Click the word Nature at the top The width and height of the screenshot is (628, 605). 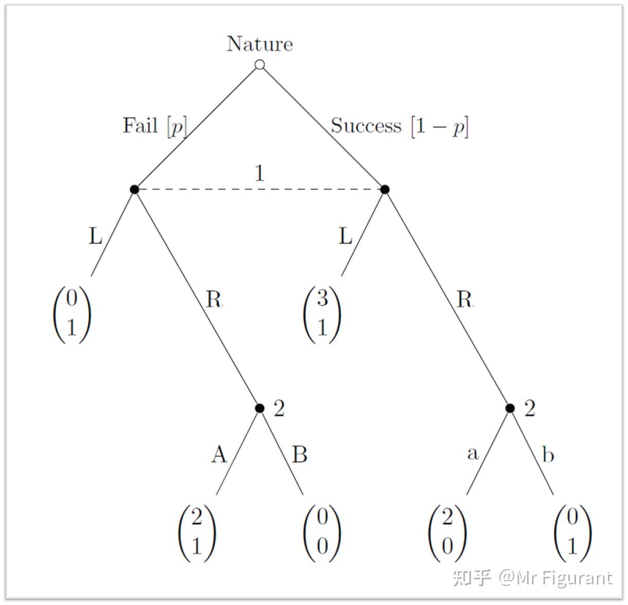(x=260, y=44)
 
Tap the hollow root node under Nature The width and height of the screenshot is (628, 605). (x=260, y=65)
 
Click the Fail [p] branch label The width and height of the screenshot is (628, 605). (x=154, y=126)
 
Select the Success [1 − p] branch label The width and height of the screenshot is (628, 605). (x=399, y=126)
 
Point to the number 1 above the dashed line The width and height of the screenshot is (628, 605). (x=259, y=174)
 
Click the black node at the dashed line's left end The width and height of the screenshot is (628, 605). (x=134, y=189)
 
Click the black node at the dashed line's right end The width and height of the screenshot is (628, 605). (x=385, y=189)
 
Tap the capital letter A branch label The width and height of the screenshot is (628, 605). (x=219, y=454)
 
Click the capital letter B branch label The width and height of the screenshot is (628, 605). (x=300, y=455)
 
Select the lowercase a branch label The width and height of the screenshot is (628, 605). (x=473, y=453)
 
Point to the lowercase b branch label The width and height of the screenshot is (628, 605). (x=548, y=455)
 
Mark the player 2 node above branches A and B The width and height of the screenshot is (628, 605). (x=260, y=408)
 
